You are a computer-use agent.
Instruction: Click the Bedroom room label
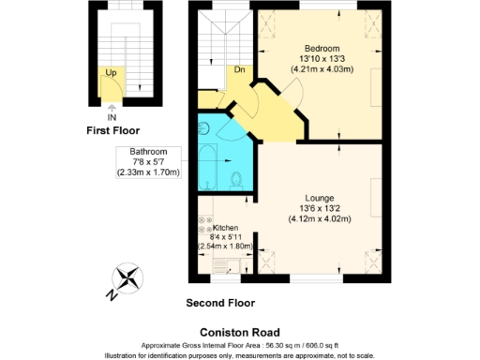pos(322,48)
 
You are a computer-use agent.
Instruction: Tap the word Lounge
pos(320,196)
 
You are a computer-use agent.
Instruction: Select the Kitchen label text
pos(226,228)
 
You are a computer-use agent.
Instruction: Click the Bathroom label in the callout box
pos(148,152)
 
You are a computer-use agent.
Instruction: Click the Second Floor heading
pos(220,303)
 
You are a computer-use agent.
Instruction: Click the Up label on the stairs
pos(111,71)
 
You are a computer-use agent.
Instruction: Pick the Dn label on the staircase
pos(240,68)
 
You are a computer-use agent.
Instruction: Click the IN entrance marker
pos(112,117)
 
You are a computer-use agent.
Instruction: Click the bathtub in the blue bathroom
pos(208,169)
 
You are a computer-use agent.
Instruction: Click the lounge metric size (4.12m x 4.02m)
pos(320,218)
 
